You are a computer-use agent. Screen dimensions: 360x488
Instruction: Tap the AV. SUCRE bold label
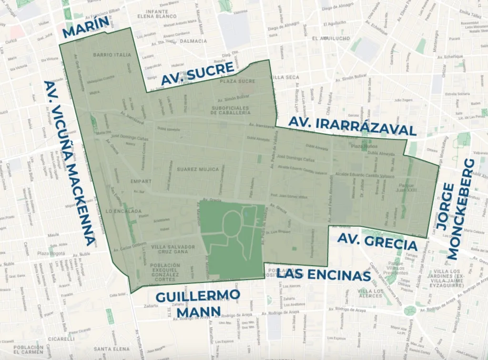pos(197,74)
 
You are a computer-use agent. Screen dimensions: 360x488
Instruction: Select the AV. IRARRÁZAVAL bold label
pos(353,126)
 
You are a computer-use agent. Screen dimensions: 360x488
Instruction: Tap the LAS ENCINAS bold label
pos(324,275)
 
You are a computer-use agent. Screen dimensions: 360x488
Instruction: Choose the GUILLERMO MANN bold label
pos(198,303)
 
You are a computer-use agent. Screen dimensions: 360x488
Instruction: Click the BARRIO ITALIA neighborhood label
pos(112,55)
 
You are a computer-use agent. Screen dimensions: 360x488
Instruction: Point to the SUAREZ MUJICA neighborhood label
pos(197,169)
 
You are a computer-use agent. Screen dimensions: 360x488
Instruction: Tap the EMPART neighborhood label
pos(141,181)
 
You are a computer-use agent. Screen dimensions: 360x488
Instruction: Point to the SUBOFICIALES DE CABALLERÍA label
pos(231,110)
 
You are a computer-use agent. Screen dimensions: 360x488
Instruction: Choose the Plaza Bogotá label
pos(51,253)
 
